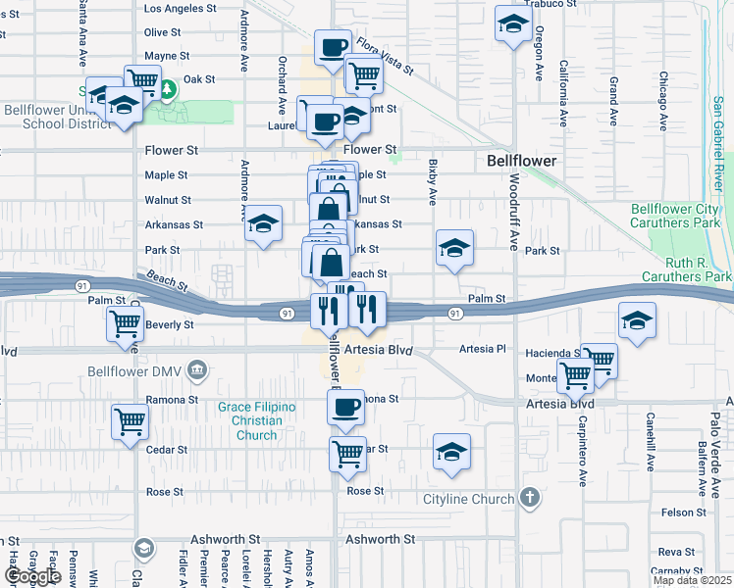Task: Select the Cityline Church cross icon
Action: point(531,498)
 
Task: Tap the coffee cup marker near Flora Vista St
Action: point(333,45)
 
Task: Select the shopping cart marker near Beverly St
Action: point(125,322)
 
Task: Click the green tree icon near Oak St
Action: point(169,90)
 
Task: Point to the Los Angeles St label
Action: point(180,8)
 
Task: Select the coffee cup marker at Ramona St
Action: point(344,407)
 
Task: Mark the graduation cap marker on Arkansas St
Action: point(263,224)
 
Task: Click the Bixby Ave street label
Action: point(432,182)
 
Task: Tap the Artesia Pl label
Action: point(486,349)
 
